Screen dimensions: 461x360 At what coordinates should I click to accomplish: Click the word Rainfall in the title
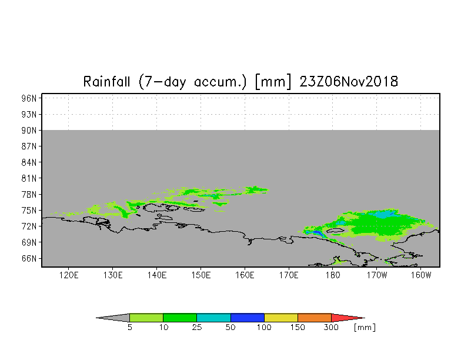click(x=106, y=81)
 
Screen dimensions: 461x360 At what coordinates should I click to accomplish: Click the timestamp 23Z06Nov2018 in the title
click(x=349, y=81)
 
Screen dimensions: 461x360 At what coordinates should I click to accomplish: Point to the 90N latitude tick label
click(x=29, y=131)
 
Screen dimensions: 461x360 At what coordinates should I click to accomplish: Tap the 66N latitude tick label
click(x=29, y=259)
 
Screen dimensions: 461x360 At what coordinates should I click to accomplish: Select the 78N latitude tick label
click(x=29, y=194)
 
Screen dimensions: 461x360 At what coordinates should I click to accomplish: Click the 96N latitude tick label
click(x=29, y=98)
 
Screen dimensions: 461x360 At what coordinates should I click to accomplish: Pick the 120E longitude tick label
click(x=69, y=275)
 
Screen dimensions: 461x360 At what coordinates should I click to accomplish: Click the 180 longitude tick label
click(x=333, y=275)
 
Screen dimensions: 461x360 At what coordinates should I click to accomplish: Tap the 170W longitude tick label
click(x=377, y=275)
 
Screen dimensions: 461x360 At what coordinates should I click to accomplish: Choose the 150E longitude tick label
click(x=201, y=275)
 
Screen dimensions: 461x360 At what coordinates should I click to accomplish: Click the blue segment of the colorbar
click(x=247, y=318)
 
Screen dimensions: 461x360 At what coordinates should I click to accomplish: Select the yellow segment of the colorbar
click(x=281, y=318)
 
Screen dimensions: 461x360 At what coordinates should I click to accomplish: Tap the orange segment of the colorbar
click(x=315, y=318)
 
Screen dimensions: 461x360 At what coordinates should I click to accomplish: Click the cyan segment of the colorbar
click(x=214, y=318)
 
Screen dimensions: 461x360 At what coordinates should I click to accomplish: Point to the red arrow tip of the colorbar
click(x=365, y=318)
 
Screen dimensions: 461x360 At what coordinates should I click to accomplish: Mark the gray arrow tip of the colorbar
click(x=96, y=318)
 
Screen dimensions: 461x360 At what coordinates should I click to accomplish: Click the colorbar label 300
click(x=331, y=327)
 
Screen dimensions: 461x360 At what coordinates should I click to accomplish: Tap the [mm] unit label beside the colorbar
click(x=365, y=328)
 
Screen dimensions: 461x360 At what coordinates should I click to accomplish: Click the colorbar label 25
click(x=197, y=327)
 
